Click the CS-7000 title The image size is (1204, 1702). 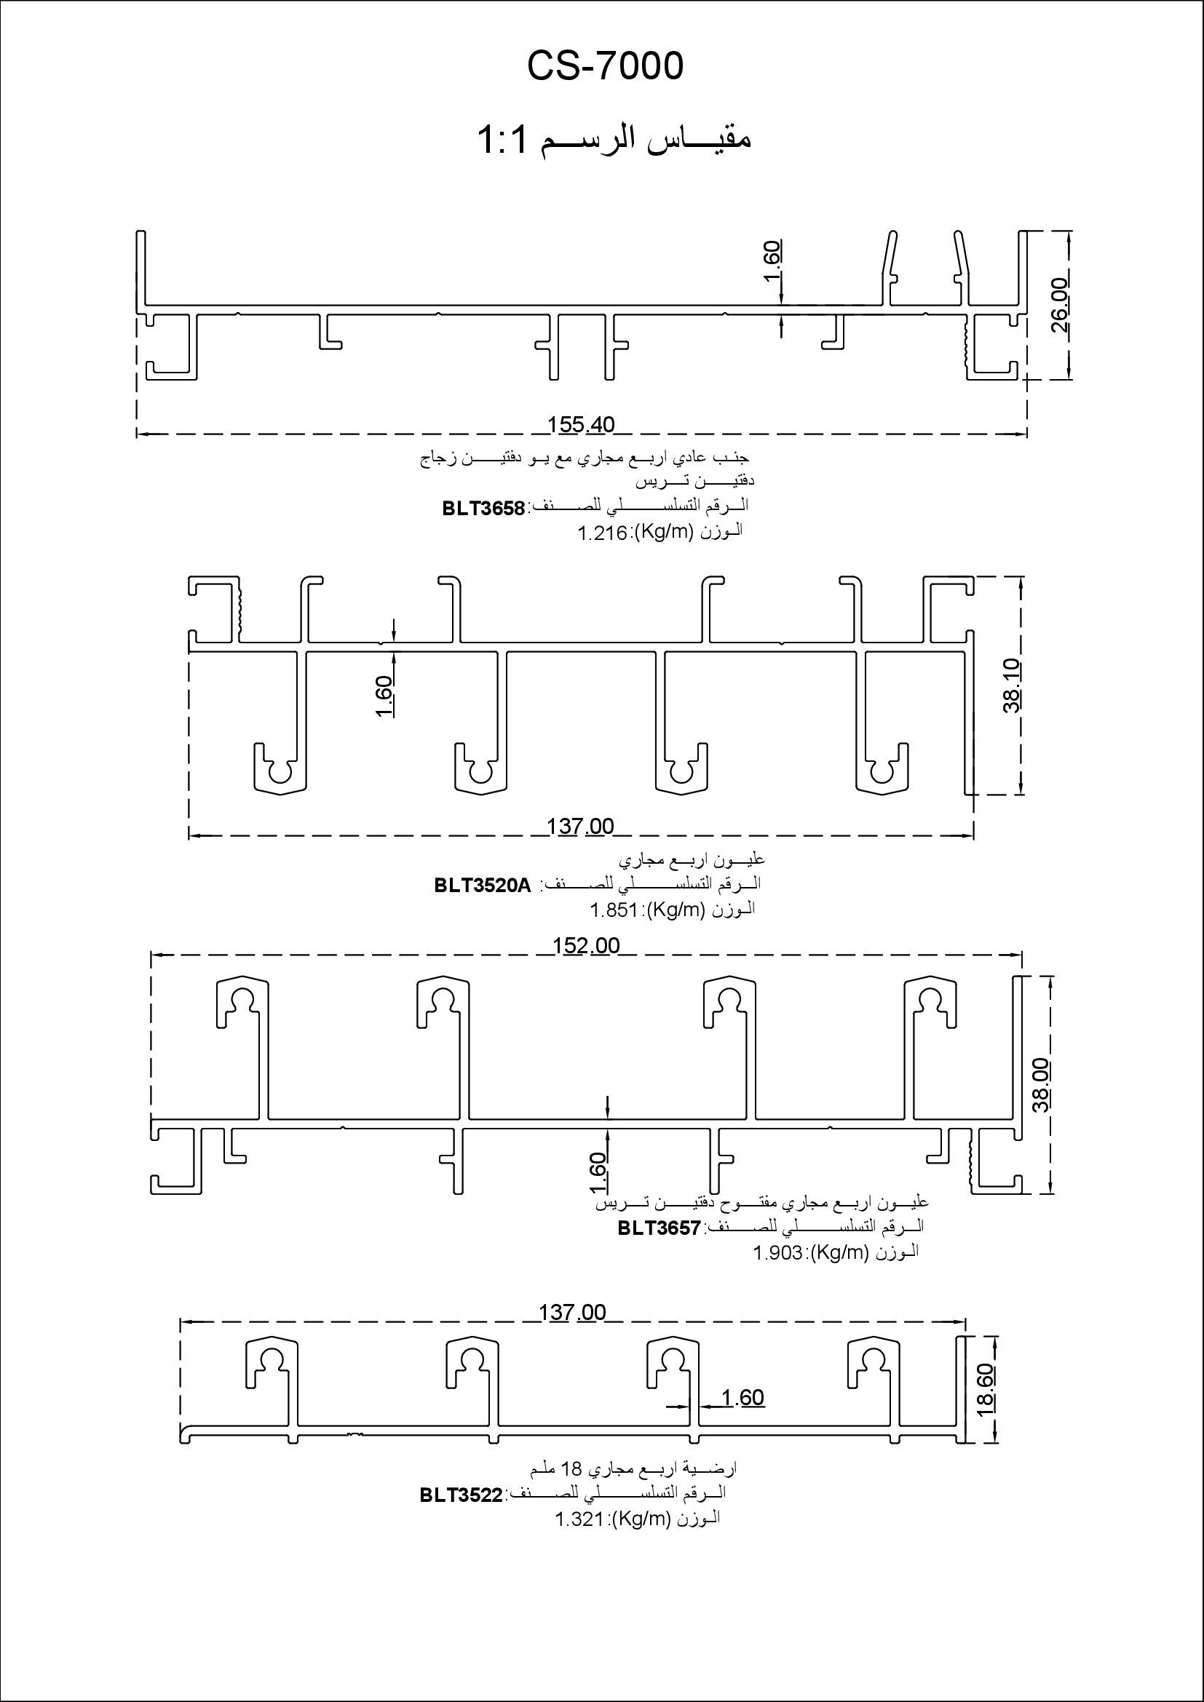(605, 67)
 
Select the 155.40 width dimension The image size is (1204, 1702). (581, 425)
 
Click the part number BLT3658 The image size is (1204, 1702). (483, 509)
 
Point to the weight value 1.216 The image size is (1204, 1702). (603, 533)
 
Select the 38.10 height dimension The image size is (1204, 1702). (1012, 685)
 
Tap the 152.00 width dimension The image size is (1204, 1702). (587, 946)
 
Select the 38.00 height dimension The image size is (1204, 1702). (1041, 1085)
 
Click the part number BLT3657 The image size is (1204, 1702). (659, 1228)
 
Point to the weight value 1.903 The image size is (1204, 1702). (778, 1253)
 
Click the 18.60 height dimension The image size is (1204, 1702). (986, 1391)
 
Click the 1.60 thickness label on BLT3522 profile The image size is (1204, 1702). (742, 1397)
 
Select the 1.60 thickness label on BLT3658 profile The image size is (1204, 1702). (772, 261)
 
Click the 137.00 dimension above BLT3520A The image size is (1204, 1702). (580, 826)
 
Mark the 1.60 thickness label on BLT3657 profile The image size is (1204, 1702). (600, 1169)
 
